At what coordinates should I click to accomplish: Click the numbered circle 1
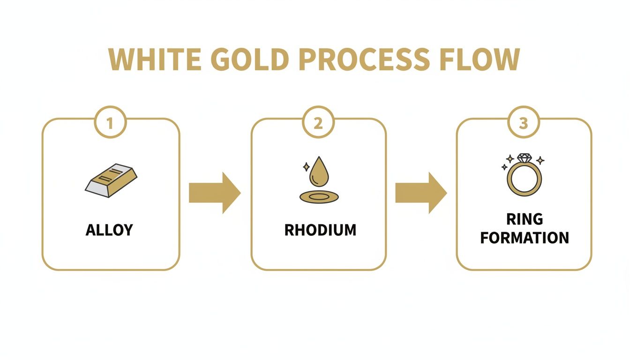(110, 124)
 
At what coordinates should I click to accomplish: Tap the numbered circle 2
(318, 124)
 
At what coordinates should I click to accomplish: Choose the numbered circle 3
(524, 124)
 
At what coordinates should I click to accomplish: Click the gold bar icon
(111, 180)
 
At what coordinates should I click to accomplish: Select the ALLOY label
(109, 230)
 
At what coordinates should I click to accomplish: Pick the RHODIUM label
(320, 230)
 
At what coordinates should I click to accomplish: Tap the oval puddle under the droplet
(319, 196)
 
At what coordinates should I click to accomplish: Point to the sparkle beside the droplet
(306, 166)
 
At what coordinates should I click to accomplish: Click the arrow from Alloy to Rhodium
(215, 193)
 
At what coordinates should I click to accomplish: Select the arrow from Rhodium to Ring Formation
(421, 193)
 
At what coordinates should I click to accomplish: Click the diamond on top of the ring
(524, 158)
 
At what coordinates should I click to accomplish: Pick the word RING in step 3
(525, 219)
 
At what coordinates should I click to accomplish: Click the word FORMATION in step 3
(525, 238)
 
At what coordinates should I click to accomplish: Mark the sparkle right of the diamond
(540, 160)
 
